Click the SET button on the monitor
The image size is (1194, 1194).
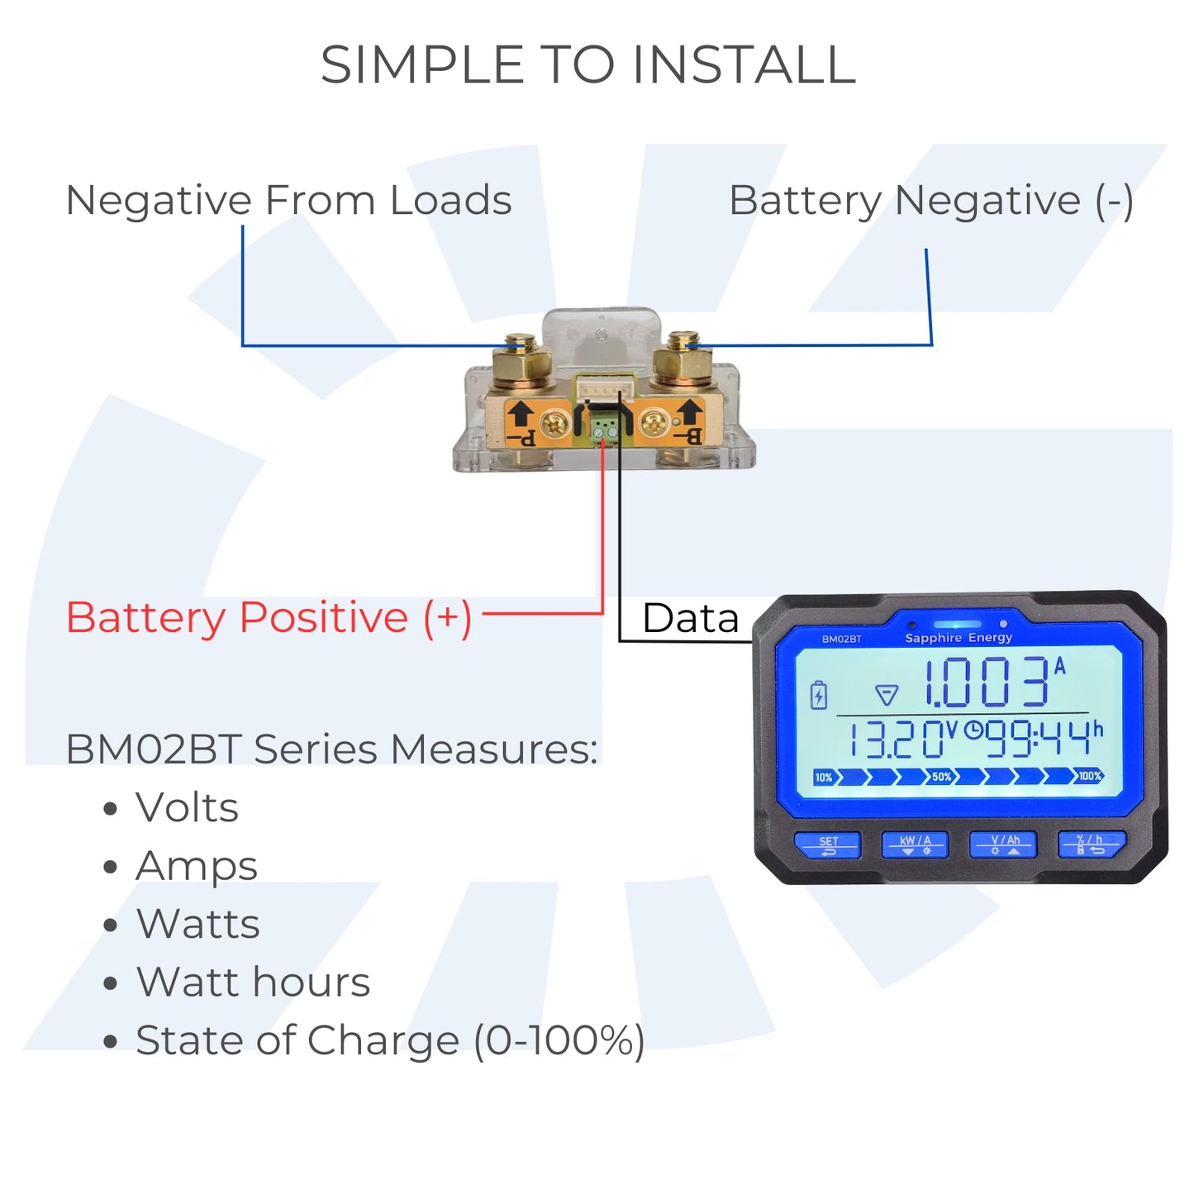pos(827,844)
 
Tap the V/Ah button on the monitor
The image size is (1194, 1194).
pos(1003,844)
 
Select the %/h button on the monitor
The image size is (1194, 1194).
pos(1091,844)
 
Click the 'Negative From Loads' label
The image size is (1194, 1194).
pos(288,201)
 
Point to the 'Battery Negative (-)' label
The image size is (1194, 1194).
pos(930,201)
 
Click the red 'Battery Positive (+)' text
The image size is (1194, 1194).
pos(269,618)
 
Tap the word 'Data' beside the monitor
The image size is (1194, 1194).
pos(690,618)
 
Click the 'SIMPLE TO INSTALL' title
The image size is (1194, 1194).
pos(587,65)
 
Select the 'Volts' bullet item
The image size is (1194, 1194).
pos(187,807)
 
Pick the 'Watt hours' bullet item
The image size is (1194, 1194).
pos(253,982)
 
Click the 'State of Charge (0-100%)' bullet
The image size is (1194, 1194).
pos(390,1040)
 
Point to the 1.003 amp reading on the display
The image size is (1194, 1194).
pos(987,683)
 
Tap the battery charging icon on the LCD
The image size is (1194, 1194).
pos(818,695)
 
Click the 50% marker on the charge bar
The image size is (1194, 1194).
pos(941,777)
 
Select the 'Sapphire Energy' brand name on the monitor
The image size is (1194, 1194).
pos(959,638)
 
